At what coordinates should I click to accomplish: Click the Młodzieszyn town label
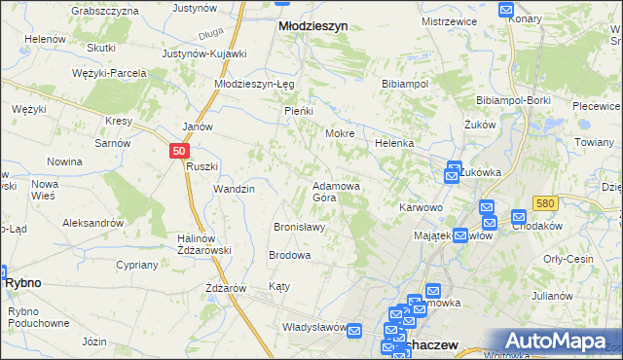point(312,27)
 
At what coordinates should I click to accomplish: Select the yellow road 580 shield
point(544,202)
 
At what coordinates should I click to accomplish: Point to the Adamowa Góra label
point(337,191)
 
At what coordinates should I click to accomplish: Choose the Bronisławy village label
point(299,227)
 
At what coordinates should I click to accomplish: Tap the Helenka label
point(395,143)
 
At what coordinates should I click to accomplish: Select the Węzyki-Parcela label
point(109,73)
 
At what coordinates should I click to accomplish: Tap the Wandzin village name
point(234,189)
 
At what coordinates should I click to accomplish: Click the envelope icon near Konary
point(506,9)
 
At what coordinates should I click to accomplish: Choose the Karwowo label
point(421,207)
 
